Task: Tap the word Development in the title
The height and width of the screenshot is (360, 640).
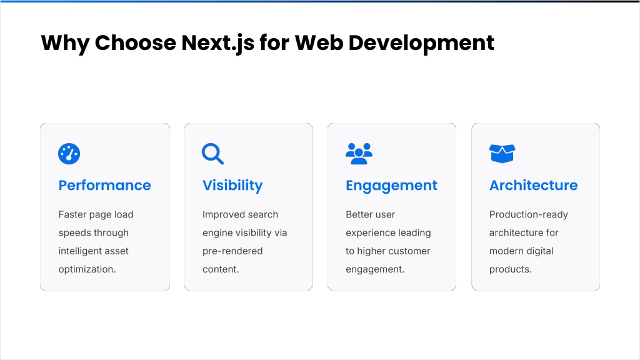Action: coord(421,44)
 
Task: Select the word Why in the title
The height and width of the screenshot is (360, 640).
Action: coord(65,44)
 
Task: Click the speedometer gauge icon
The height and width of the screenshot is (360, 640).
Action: coord(69,154)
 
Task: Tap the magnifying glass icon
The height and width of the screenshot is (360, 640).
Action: coord(212,154)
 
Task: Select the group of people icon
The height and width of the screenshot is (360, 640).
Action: coord(359,154)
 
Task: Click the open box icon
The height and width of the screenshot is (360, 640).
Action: coord(502,154)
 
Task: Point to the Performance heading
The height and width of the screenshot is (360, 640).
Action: coord(104,185)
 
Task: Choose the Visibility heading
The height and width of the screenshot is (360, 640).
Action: coord(232,186)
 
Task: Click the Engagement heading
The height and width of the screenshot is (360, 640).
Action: coord(391,186)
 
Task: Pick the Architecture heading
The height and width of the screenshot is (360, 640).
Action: coord(534,185)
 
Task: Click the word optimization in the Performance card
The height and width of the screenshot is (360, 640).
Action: coord(86,269)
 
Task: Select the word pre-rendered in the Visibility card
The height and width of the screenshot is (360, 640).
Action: coord(232,251)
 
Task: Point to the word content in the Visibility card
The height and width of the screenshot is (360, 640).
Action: coord(219,269)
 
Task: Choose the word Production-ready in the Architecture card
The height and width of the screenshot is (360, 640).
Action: coord(529,215)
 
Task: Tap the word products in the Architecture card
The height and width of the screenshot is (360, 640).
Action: coord(509,269)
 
